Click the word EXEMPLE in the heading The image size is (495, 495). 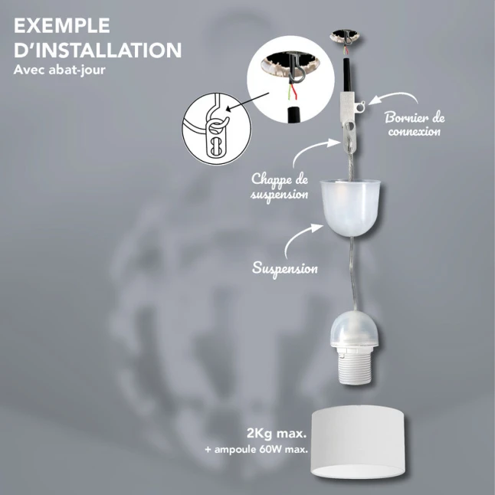click(x=62, y=25)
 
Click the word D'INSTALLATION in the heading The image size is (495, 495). click(x=98, y=50)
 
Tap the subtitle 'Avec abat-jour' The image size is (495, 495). click(x=59, y=70)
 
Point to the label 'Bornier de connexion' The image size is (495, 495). click(x=415, y=124)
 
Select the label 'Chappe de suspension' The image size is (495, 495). click(x=280, y=186)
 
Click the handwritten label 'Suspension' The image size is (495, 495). click(x=285, y=269)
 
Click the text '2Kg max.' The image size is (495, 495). click(x=277, y=434)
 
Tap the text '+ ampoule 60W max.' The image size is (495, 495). click(x=257, y=449)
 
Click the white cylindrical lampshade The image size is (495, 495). click(x=359, y=447)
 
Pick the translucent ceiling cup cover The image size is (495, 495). click(x=350, y=208)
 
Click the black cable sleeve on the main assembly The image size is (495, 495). click(x=347, y=75)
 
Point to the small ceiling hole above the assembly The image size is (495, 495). click(x=345, y=37)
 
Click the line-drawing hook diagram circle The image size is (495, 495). click(x=217, y=129)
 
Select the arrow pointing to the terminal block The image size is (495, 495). click(x=393, y=97)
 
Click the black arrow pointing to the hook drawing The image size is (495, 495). click(x=247, y=102)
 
